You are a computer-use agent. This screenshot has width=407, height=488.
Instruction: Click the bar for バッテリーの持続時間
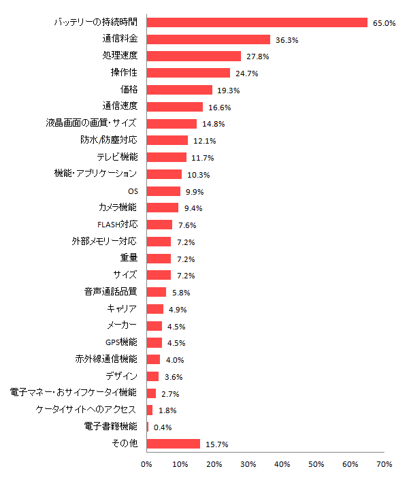pyautogui.click(x=257, y=22)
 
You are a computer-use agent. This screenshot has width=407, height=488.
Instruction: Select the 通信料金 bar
pyautogui.click(x=208, y=39)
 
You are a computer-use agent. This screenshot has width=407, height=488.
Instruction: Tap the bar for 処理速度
pyautogui.click(x=194, y=56)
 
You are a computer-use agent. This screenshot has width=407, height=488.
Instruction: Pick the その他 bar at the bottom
pyautogui.click(x=174, y=444)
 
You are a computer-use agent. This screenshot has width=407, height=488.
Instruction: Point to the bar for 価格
pyautogui.click(x=180, y=90)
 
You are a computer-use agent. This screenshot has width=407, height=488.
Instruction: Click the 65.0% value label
pyautogui.click(x=384, y=23)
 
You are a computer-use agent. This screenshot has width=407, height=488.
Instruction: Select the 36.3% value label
pyautogui.click(x=287, y=40)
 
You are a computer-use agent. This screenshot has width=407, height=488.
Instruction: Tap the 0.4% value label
pyautogui.click(x=163, y=427)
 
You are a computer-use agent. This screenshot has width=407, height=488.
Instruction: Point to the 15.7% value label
pyautogui.click(x=216, y=444)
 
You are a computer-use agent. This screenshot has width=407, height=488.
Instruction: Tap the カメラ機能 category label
pyautogui.click(x=118, y=208)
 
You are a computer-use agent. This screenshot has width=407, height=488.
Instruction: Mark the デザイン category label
pyautogui.click(x=122, y=376)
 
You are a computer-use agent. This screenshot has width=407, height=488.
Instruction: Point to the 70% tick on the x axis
pyautogui.click(x=384, y=465)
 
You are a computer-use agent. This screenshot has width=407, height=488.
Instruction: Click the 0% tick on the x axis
pyautogui.click(x=146, y=465)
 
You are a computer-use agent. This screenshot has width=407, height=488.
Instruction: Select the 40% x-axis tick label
pyautogui.click(x=282, y=465)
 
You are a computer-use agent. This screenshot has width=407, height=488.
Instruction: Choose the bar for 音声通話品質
pyautogui.click(x=157, y=292)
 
